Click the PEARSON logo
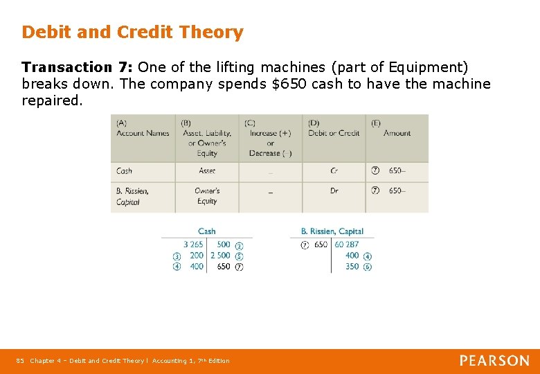click(494, 361)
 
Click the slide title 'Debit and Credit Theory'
click(132, 33)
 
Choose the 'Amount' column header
click(397, 133)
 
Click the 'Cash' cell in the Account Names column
click(125, 171)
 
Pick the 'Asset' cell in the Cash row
click(207, 171)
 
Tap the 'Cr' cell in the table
click(334, 171)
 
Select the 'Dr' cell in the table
click(334, 191)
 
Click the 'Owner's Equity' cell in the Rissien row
click(207, 196)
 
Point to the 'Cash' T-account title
click(207, 231)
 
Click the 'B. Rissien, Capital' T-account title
click(332, 231)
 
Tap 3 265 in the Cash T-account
click(193, 244)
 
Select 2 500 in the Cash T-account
click(220, 256)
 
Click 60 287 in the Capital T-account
click(347, 244)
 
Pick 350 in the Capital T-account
click(352, 267)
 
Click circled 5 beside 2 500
click(239, 256)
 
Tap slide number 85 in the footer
click(20, 361)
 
